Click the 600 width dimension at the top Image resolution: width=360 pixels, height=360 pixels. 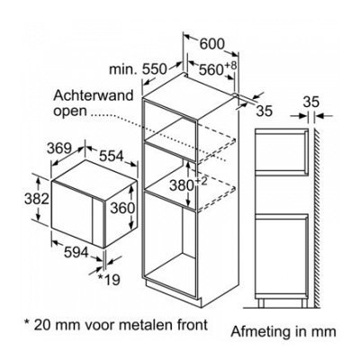211,44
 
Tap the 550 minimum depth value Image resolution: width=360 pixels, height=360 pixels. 154,69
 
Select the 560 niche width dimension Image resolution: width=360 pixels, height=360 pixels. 211,70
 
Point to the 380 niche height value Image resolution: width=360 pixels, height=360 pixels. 182,185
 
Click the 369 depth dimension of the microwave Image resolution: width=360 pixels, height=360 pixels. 59,148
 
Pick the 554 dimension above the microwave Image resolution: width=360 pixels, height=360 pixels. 112,156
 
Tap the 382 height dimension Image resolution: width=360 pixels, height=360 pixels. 36,199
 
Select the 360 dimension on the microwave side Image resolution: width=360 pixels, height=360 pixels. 121,208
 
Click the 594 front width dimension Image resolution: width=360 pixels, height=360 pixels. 76,252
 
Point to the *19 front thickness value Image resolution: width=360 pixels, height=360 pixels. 109,280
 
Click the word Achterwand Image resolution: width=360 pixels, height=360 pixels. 94,95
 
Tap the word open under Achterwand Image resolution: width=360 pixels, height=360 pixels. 69,112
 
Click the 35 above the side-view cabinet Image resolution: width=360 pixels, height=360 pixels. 310,103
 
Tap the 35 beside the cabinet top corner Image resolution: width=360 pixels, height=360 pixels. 265,111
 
